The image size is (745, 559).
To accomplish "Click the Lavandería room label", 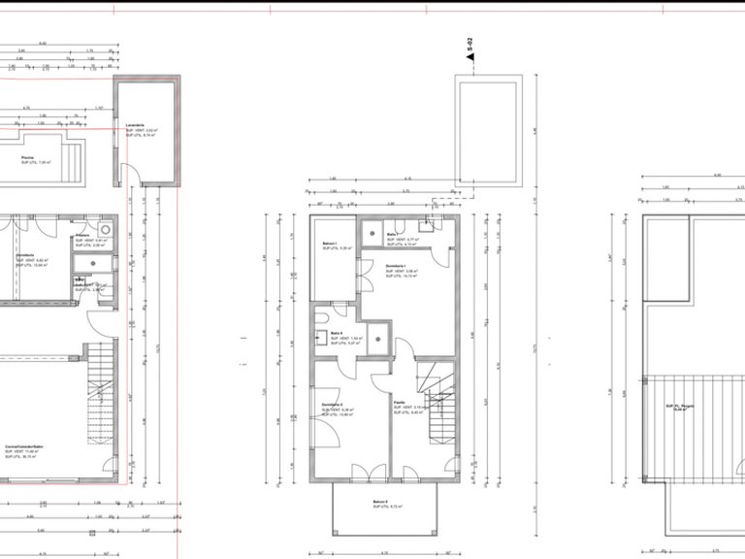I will (135, 126).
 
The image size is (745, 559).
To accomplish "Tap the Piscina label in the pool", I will (28, 156).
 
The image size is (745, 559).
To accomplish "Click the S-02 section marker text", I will (470, 45).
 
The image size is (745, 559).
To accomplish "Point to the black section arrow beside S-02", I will (470, 59).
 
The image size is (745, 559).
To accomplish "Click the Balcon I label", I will (330, 244).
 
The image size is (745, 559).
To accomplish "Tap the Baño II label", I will (337, 333).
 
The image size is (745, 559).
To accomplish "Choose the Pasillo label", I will (399, 402).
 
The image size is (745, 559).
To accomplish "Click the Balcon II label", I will (380, 502).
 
